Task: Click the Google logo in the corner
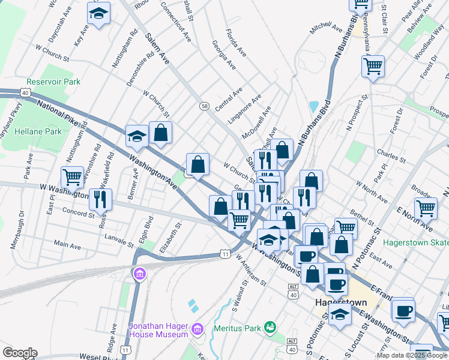click(19, 353)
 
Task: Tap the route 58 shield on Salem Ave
click(204, 106)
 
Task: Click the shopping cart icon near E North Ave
click(426, 208)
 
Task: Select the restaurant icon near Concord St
click(101, 198)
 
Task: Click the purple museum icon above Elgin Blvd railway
click(140, 274)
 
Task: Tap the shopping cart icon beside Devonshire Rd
click(72, 177)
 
